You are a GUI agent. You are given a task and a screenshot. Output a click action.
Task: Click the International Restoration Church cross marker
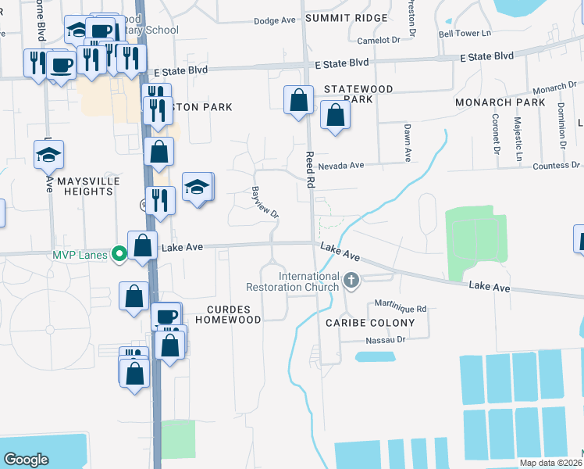click(351, 280)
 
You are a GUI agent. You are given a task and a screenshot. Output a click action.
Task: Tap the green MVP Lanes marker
click(119, 253)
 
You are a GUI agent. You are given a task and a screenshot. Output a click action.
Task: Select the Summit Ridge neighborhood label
click(346, 18)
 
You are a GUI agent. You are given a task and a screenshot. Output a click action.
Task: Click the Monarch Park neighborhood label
click(500, 102)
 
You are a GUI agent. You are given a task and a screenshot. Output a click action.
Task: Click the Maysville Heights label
click(78, 185)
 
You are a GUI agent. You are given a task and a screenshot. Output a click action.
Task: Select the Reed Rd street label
click(310, 170)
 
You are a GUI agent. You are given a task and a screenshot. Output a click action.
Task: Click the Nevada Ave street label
click(340, 166)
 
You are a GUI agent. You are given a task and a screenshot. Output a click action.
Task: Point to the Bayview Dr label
click(265, 202)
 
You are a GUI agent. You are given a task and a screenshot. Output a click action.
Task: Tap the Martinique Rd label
click(399, 309)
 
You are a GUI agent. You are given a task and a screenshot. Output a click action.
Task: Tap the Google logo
click(26, 460)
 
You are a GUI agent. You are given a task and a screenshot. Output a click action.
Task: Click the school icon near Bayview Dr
click(198, 188)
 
